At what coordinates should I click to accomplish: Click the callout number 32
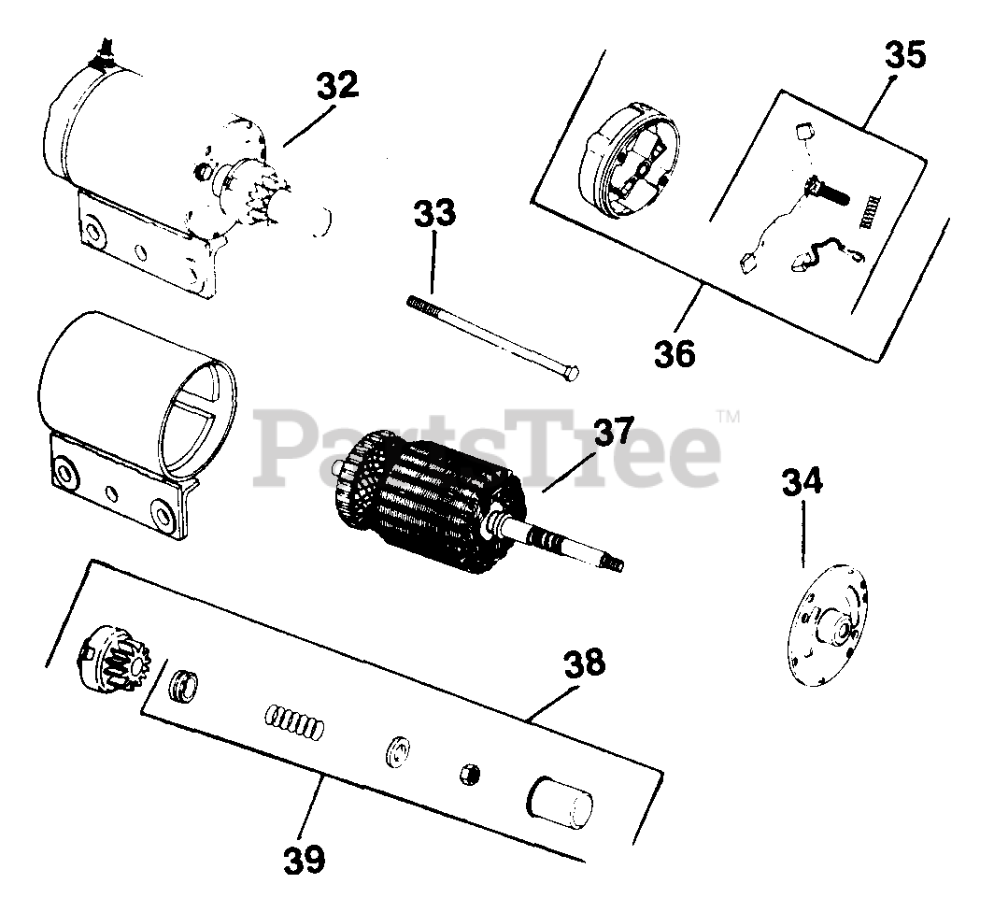coord(337,85)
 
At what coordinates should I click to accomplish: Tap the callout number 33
coord(435,213)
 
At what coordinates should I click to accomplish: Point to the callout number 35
coord(905,54)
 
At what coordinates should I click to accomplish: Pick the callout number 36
coord(674,353)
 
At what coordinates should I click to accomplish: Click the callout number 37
coord(614,431)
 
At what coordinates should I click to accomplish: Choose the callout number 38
coord(584,663)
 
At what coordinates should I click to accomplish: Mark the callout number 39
coord(305,859)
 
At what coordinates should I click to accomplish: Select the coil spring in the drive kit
coord(293,723)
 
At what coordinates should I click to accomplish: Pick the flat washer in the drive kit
coord(397,751)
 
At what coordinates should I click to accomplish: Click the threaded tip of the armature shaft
coord(615,563)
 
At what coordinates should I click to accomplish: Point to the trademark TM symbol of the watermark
coord(728,417)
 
